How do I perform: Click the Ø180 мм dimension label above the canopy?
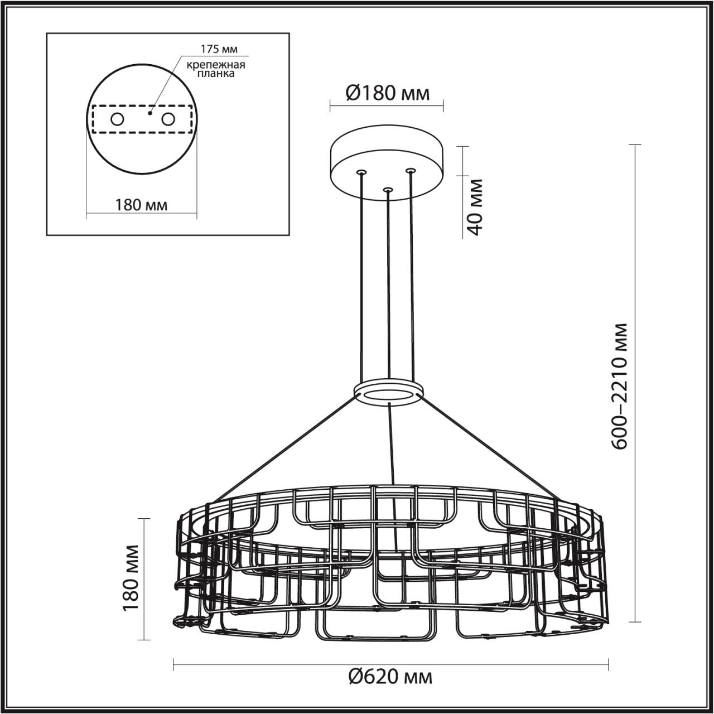[388, 93]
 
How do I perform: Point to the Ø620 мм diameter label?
[390, 677]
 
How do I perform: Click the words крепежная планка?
[216, 69]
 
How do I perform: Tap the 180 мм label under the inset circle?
[141, 205]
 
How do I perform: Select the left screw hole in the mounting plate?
[117, 119]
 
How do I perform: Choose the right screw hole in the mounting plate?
[167, 119]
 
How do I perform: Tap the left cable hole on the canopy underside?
[361, 172]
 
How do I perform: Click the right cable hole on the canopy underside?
[411, 170]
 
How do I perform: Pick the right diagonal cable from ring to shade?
[488, 446]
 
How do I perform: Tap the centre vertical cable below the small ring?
[392, 446]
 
